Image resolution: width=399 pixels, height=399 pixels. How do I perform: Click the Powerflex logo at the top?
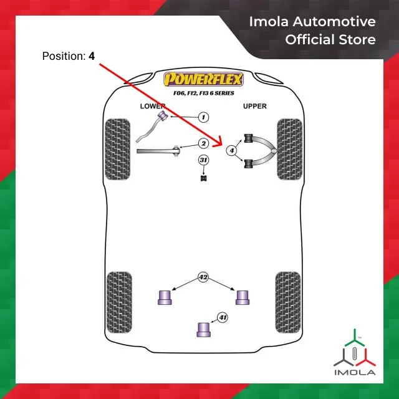coord(205,80)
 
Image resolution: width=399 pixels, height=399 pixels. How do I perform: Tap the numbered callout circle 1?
coord(203,117)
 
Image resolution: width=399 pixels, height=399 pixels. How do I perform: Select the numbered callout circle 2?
coord(203,143)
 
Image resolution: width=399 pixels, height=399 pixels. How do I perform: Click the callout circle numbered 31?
coord(203,161)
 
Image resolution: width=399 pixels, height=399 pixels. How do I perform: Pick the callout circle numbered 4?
coord(231,150)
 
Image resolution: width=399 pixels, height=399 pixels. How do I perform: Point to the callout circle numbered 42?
coord(203,276)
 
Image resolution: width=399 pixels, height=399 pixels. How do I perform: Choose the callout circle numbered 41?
coord(223,318)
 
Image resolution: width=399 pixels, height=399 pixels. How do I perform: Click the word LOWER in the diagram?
coord(153,106)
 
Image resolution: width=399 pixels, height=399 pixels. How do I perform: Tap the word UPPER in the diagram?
coord(255,106)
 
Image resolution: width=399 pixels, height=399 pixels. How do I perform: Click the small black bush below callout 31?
coord(203,180)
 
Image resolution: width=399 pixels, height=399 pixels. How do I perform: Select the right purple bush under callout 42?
coord(242,297)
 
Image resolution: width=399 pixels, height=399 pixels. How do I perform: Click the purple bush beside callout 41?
coord(203,329)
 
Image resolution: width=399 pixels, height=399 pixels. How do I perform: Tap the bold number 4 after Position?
coord(92,56)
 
